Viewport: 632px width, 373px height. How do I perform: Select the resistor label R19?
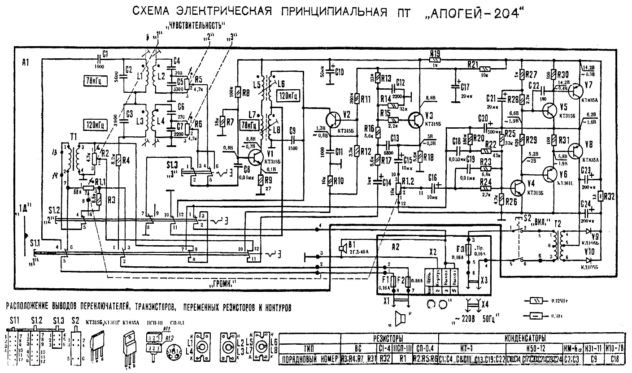coord(435,53)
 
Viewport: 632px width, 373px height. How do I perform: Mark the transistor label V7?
coord(588,85)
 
